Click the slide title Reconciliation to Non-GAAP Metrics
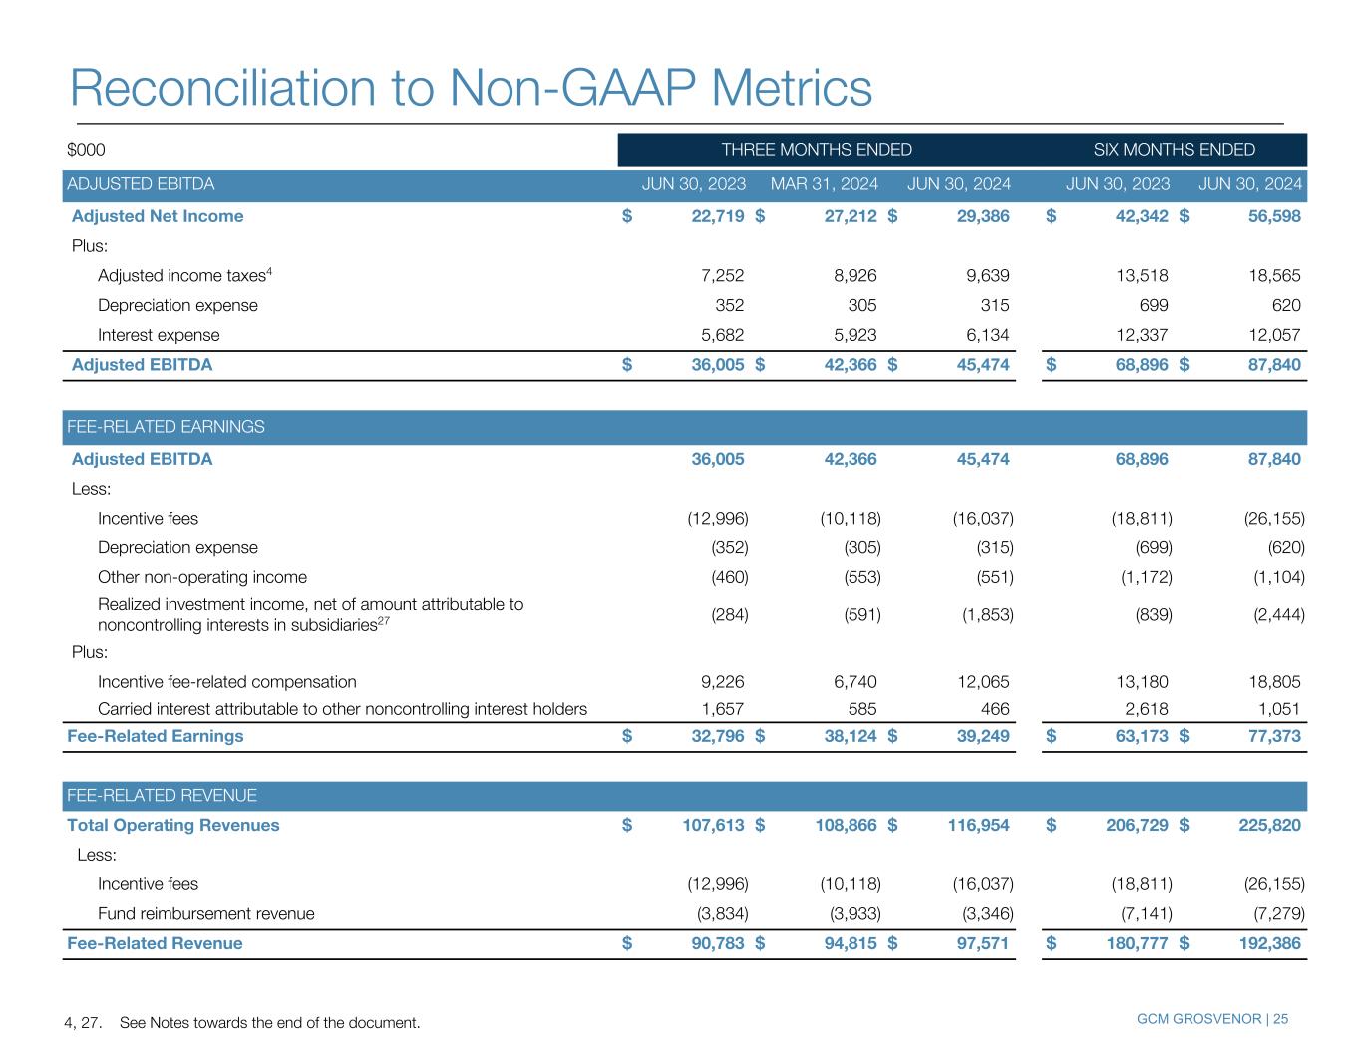pos(471,88)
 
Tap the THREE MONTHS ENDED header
pos(816,150)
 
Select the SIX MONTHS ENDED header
pos(1174,150)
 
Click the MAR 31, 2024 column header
pos(825,184)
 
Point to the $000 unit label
pos(86,150)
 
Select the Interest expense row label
pos(159,335)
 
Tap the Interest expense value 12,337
pos(1138,335)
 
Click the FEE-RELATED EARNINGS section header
pos(166,427)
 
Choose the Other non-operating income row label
pos(202,577)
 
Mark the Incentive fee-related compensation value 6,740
pos(854,682)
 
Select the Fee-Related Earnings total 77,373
pos(1270,736)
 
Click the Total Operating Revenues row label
pos(173,825)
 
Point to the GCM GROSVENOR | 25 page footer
pos(1211,1019)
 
